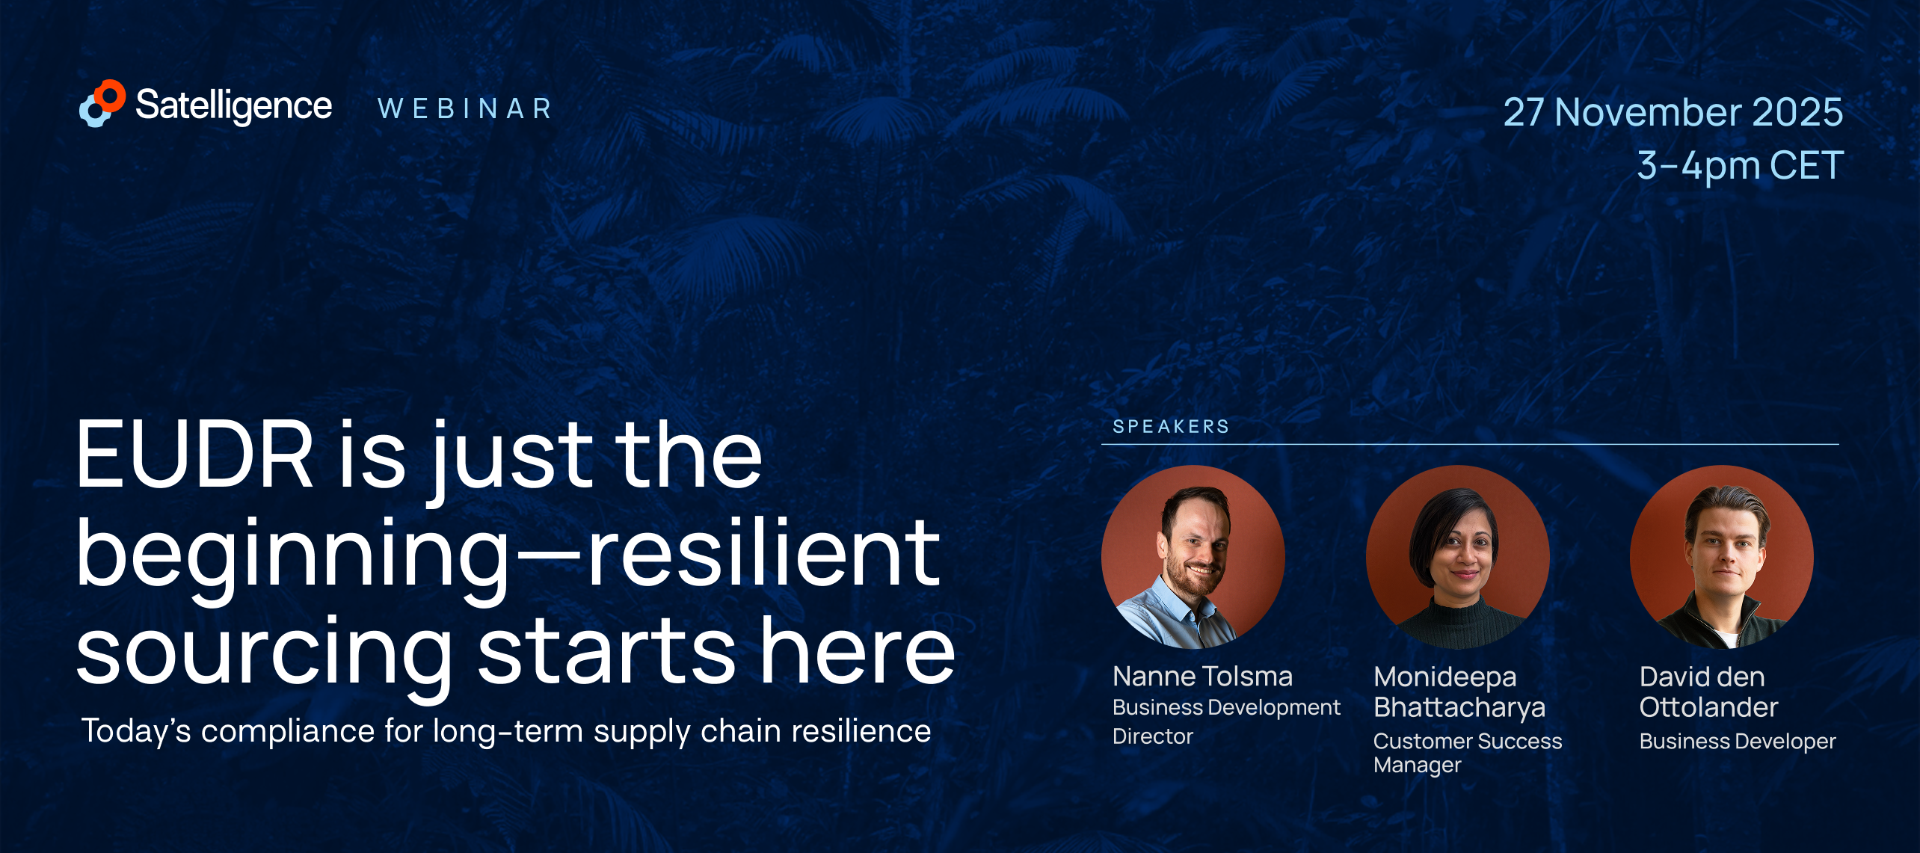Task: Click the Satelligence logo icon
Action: coord(102,103)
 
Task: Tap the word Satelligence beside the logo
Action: coord(233,105)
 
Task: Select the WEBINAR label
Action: coord(465,109)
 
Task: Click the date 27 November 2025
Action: coord(1673,112)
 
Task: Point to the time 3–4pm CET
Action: coord(1741,165)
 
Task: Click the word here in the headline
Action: coord(858,649)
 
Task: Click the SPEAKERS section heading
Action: coord(1171,427)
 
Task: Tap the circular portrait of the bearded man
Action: coord(1193,557)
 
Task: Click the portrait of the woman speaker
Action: coord(1458,557)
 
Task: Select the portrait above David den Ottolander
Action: coord(1722,557)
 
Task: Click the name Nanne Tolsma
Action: coord(1202,677)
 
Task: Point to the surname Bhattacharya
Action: coord(1459,708)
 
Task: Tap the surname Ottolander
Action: coord(1708,707)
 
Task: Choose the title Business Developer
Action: coord(1738,742)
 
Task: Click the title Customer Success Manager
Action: coord(1468,753)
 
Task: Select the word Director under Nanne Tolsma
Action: coord(1152,737)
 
